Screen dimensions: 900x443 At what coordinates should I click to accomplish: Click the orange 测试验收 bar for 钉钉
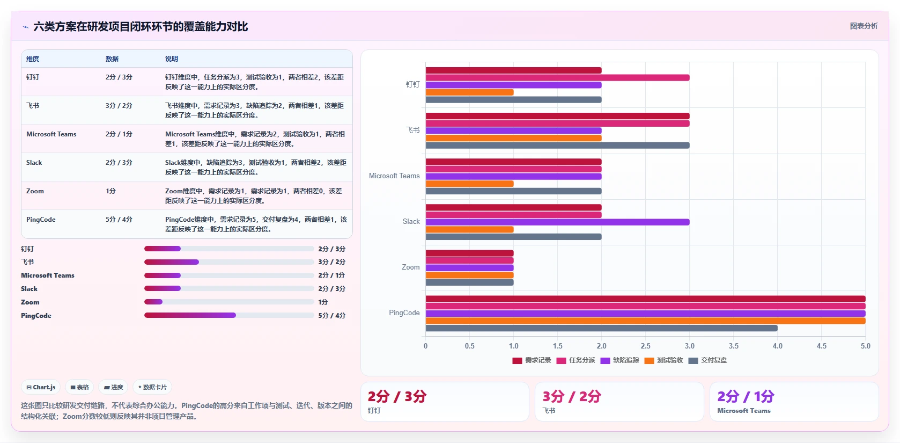point(469,92)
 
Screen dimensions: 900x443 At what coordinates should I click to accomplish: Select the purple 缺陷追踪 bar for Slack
point(557,222)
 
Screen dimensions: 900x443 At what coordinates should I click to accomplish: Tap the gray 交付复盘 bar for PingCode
point(601,328)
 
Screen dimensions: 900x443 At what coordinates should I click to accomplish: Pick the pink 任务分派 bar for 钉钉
point(557,78)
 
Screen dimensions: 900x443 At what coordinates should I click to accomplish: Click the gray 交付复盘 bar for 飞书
point(557,146)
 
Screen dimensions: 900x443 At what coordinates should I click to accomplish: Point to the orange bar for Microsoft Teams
point(469,184)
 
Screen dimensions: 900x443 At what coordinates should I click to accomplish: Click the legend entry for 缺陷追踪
point(619,360)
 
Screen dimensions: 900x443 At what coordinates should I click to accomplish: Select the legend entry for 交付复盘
point(707,360)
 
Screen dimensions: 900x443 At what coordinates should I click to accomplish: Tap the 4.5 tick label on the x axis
point(821,346)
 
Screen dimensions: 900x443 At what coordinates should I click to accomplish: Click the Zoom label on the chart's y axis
point(411,267)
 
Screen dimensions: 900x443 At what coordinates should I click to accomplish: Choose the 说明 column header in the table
point(172,59)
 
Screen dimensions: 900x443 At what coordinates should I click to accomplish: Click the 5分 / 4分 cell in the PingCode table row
point(119,220)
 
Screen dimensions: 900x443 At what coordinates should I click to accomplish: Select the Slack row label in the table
point(34,163)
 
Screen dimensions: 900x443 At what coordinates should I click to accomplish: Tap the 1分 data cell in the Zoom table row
point(110,191)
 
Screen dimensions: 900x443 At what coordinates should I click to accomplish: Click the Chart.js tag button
point(41,387)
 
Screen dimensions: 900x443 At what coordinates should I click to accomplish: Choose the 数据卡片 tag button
point(152,387)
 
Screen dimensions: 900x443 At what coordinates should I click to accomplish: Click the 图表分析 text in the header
point(864,26)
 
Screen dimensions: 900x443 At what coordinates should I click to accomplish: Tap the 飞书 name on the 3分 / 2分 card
point(549,411)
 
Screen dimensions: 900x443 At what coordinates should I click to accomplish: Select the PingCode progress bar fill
point(190,315)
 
